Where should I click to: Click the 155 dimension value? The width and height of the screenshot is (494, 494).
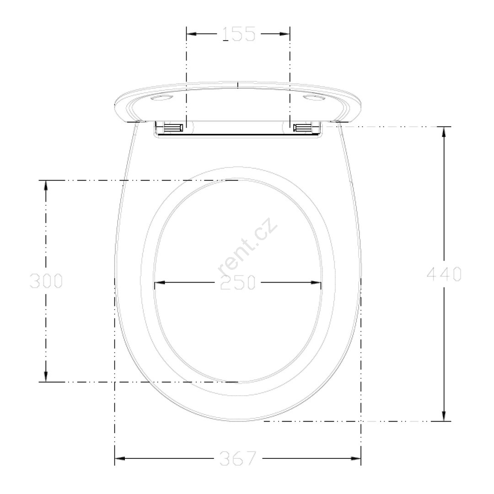(x=238, y=34)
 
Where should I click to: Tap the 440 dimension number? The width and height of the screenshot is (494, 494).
(x=444, y=274)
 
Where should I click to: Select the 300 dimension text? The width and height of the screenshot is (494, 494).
(x=46, y=281)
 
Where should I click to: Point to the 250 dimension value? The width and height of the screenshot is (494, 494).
(x=238, y=283)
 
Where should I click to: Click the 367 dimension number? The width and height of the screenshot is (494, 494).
(x=238, y=458)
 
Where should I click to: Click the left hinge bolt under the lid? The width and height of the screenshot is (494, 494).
(x=174, y=128)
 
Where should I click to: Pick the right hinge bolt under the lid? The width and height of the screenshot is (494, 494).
(x=302, y=128)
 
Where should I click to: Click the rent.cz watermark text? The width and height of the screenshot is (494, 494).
(x=247, y=247)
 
